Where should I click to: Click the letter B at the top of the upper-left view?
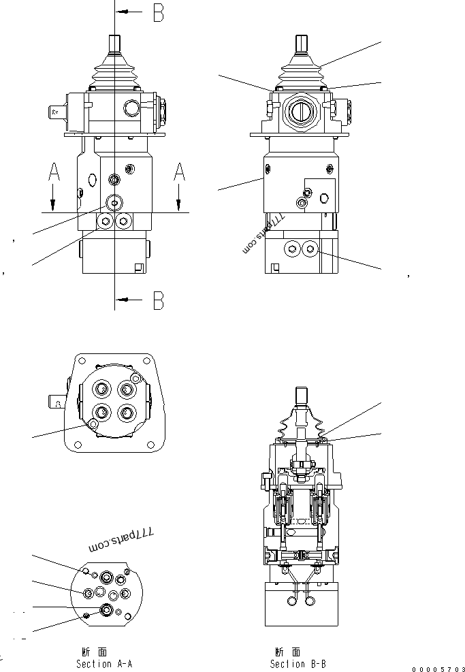158,13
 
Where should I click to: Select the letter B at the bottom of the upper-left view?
158,300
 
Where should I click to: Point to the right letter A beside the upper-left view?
179,173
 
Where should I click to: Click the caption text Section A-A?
104,663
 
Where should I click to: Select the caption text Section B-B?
298,663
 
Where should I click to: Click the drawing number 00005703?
438,669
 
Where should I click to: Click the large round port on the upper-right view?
300,109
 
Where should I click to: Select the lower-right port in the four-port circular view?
125,412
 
